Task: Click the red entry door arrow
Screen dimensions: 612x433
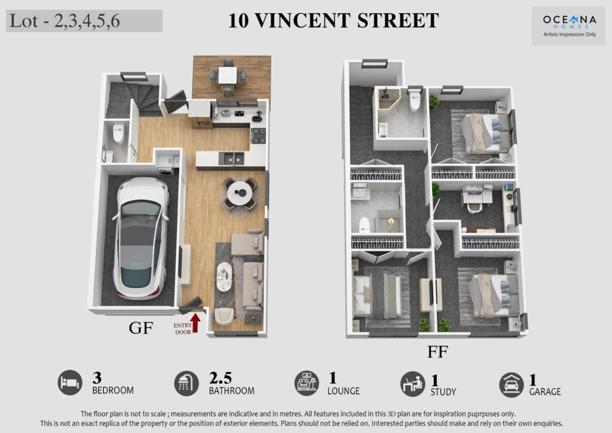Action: pos(195,323)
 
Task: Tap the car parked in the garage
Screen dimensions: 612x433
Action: pos(141,238)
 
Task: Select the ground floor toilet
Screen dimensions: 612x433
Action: pos(118,133)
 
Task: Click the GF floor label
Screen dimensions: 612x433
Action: pos(141,328)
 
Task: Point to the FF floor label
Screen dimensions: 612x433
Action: pos(437,352)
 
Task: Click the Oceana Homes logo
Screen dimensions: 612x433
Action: pos(570,26)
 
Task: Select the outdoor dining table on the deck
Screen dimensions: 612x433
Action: pos(227,75)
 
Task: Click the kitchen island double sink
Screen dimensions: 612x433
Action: pos(231,158)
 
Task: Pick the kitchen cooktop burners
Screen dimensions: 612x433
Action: pos(258,136)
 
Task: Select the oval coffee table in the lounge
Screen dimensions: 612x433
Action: pos(224,276)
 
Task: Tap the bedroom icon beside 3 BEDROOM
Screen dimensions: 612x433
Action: pos(70,383)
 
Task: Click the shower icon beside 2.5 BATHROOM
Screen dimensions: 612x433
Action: pos(186,383)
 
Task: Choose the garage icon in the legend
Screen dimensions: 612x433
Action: pos(512,385)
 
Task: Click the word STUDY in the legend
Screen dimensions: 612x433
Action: pos(443,392)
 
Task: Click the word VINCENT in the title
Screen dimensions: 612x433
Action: pos(302,20)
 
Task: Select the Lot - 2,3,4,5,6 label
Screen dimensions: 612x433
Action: pos(65,21)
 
